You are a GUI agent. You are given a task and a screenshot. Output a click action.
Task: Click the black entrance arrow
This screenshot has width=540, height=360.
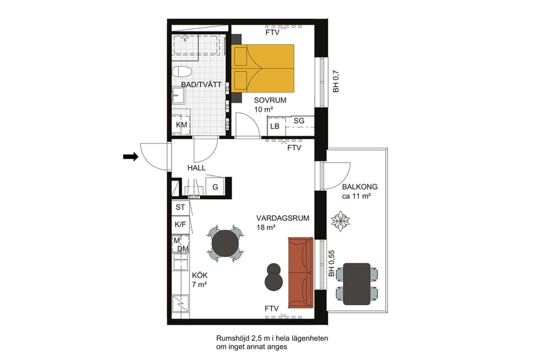[130, 157]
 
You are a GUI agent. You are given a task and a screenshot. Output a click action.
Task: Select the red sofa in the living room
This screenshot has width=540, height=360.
[301, 272]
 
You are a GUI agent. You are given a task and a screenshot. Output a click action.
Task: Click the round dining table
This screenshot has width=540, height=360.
[226, 244]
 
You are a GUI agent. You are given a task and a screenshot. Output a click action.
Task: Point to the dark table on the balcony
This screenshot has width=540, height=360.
[357, 283]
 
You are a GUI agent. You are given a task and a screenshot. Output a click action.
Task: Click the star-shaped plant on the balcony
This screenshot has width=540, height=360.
[341, 221]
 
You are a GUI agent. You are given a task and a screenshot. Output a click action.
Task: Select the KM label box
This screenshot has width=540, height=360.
[181, 125]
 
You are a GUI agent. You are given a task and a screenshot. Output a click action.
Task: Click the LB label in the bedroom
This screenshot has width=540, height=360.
[275, 127]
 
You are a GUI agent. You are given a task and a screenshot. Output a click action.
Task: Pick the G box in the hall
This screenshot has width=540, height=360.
[215, 187]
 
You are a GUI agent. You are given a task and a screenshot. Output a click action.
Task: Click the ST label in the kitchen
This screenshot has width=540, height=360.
[180, 207]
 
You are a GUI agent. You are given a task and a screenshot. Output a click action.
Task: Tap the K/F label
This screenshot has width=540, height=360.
[180, 224]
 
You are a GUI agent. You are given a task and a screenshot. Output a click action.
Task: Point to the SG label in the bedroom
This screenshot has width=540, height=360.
[299, 121]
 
